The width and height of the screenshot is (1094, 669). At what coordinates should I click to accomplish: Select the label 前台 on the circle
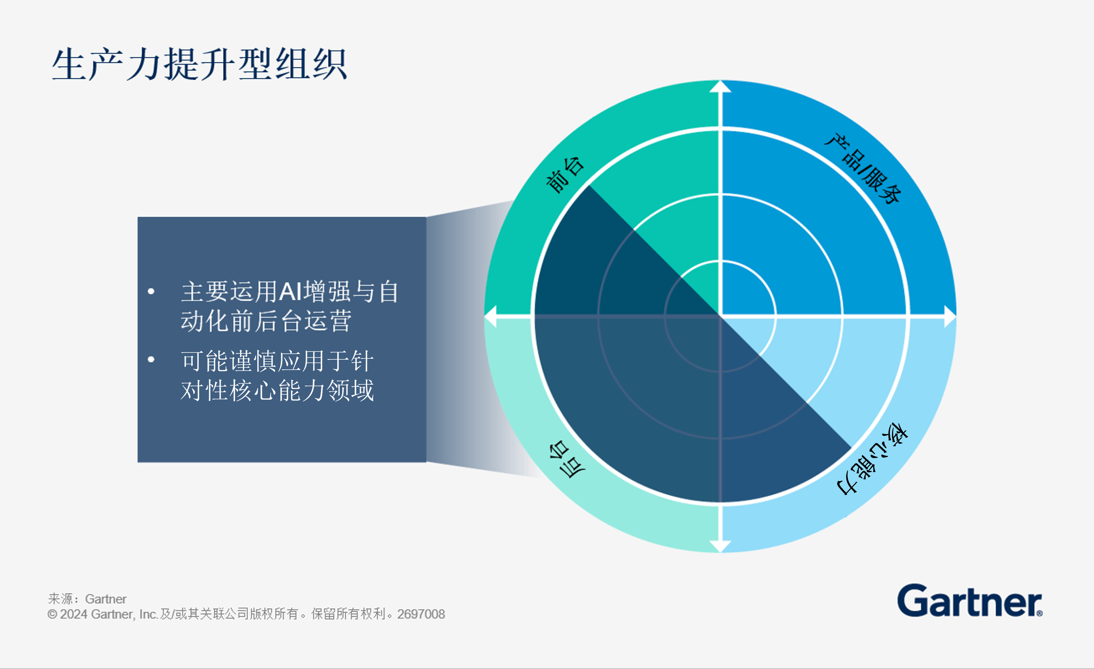(x=565, y=175)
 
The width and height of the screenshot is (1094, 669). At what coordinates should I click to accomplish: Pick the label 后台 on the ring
(x=567, y=459)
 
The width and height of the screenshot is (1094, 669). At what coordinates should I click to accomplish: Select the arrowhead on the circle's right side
(x=950, y=316)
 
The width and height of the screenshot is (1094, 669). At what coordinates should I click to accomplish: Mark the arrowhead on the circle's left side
(x=490, y=316)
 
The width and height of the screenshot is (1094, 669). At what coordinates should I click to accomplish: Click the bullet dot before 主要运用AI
(x=151, y=292)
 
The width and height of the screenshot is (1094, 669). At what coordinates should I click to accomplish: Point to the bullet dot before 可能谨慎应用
(x=151, y=359)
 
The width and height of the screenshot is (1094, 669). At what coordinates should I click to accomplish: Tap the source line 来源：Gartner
(x=87, y=599)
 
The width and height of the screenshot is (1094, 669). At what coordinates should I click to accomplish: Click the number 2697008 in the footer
(x=421, y=614)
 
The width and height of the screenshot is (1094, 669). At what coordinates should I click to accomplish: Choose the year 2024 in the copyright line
(x=74, y=614)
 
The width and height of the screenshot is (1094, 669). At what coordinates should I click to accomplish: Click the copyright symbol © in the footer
(x=52, y=614)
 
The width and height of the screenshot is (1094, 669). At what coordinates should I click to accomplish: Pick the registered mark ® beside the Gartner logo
(x=1039, y=613)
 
